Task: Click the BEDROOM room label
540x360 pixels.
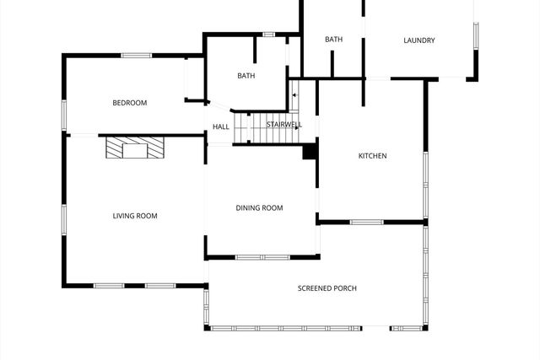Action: coord(130,103)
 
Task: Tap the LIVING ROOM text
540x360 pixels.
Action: coord(135,216)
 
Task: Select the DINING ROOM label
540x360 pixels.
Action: coord(259,208)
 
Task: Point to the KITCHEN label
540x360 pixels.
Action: coord(372,156)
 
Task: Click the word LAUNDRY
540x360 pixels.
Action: coord(418,40)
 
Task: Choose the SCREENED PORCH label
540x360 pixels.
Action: coord(327,288)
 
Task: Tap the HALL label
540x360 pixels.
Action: coord(221,127)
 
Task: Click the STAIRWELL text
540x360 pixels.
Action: coord(283,125)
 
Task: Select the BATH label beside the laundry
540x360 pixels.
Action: coord(334,40)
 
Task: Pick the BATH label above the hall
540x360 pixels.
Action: coord(246,76)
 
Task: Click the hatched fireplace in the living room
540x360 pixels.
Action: coord(127,148)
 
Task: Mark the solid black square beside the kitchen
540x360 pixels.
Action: coord(310,152)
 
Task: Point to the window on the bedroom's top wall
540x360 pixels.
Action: coord(136,56)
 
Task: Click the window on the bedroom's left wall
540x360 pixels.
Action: coord(63,114)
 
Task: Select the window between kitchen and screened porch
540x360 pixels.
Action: coord(367,223)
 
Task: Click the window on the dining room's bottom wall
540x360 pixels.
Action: coord(262,257)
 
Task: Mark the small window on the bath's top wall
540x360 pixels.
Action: coord(269,35)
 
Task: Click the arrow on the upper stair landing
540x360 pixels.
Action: coord(294,94)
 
